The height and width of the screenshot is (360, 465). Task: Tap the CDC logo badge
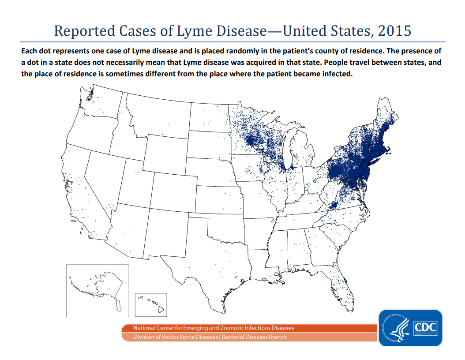410,328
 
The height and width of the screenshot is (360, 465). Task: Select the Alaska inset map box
97,290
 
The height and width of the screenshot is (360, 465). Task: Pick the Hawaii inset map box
150,304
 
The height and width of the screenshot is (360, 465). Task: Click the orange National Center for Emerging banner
249,328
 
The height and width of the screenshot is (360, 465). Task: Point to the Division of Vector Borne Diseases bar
249,337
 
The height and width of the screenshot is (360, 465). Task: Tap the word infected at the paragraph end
337,74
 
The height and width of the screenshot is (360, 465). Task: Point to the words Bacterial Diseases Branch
254,337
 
